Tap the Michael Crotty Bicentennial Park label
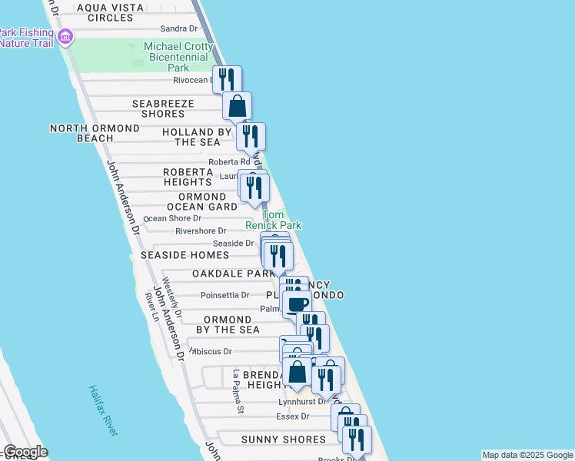point(178,58)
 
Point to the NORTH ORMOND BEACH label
point(95,133)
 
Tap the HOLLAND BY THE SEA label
point(197,137)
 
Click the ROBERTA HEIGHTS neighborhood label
point(188,177)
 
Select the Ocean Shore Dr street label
point(172,218)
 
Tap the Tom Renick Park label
point(274,220)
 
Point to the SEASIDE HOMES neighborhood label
point(184,255)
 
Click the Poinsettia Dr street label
point(224,295)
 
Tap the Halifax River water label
point(103,411)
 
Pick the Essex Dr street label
point(292,416)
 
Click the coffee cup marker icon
point(297,301)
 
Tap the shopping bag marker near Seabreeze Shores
point(238,105)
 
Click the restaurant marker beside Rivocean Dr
point(227,78)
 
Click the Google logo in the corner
point(25,452)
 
